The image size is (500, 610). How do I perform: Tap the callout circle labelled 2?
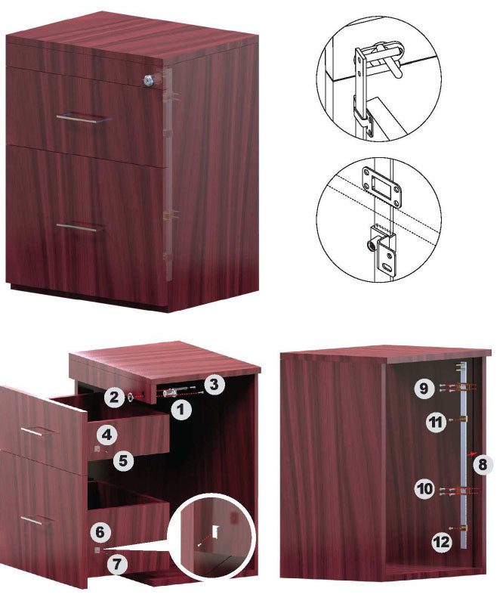tap(114, 396)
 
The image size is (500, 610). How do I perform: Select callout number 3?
tap(214, 384)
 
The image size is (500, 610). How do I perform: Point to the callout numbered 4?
tap(107, 434)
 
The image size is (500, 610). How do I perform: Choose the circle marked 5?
tap(123, 460)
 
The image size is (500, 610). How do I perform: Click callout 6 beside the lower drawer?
tap(100, 532)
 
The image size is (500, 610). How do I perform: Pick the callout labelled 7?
tap(117, 563)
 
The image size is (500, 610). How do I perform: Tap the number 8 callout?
tap(482, 463)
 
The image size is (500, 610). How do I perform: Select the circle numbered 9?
tap(424, 388)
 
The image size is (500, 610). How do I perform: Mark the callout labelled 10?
tap(425, 488)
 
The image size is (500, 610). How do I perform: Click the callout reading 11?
tap(437, 422)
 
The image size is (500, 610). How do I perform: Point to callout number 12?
tap(442, 542)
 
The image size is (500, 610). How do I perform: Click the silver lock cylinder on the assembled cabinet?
tap(148, 80)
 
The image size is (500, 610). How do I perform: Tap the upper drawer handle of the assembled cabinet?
tap(81, 119)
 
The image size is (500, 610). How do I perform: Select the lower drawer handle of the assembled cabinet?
tap(81, 228)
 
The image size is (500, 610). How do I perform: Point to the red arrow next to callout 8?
tap(471, 454)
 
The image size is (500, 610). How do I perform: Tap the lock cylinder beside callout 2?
tap(131, 397)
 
